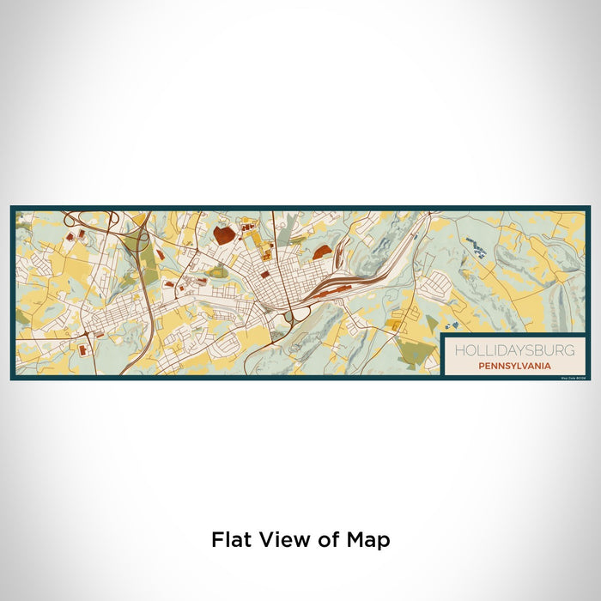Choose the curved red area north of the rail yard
[323, 251]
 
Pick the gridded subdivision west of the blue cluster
[436, 282]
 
